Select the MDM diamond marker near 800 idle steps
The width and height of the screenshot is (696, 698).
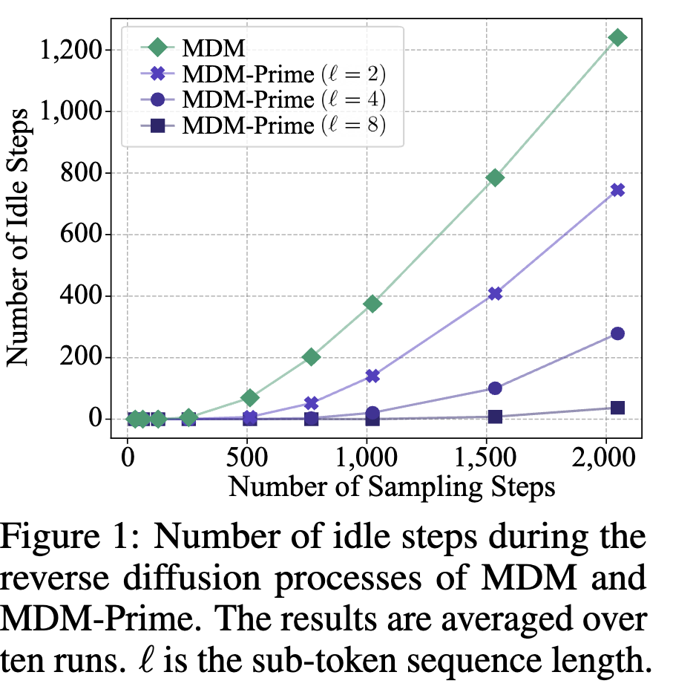[495, 177]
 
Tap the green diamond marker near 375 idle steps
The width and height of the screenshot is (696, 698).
[372, 303]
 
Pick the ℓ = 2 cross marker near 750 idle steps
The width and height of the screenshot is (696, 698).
[617, 190]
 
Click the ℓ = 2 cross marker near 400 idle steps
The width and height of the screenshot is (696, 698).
[495, 293]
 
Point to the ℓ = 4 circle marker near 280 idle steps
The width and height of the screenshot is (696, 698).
[617, 333]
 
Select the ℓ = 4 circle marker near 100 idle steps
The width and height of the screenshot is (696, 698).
[495, 388]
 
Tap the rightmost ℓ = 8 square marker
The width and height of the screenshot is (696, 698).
[617, 408]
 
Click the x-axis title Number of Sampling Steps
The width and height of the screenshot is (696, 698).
[391, 486]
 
